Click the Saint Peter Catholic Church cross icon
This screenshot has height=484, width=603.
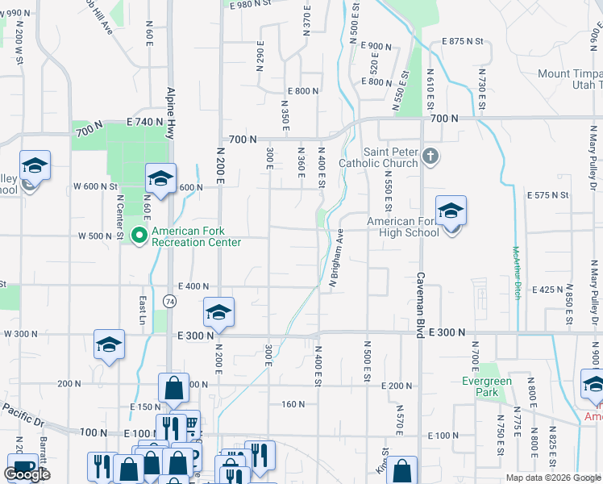pos(430,156)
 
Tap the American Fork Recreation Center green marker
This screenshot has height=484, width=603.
pos(139,236)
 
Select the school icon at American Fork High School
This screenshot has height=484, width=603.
pos(451,212)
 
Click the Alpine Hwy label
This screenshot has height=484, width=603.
pos(171,113)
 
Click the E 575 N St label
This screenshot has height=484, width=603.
pos(547,195)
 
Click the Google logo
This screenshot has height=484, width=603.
pos(27,474)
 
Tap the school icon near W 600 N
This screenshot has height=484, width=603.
pos(160,178)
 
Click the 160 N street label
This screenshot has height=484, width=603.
pos(293,404)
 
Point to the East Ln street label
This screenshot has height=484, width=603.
pos(143,304)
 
